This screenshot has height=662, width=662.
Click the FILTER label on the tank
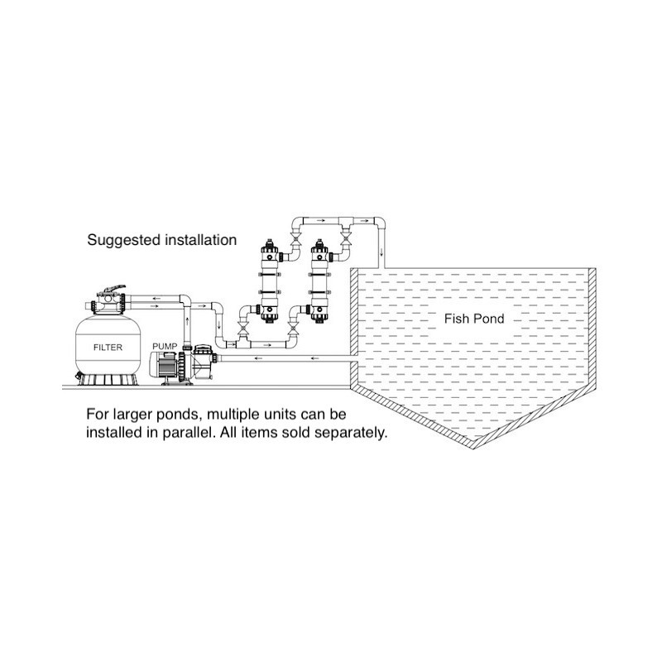coord(108,348)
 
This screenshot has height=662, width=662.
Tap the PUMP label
coord(165,347)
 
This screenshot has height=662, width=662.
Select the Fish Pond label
coord(474,319)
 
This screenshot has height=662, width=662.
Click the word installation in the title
coord(200,240)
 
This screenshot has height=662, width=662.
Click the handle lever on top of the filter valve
coord(112,290)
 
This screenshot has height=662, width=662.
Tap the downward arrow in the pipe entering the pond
coord(381,252)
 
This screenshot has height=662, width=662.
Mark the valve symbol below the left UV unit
coord(242,329)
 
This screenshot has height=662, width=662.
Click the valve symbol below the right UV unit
coord(292,329)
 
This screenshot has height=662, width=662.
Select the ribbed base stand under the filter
coord(108,379)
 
